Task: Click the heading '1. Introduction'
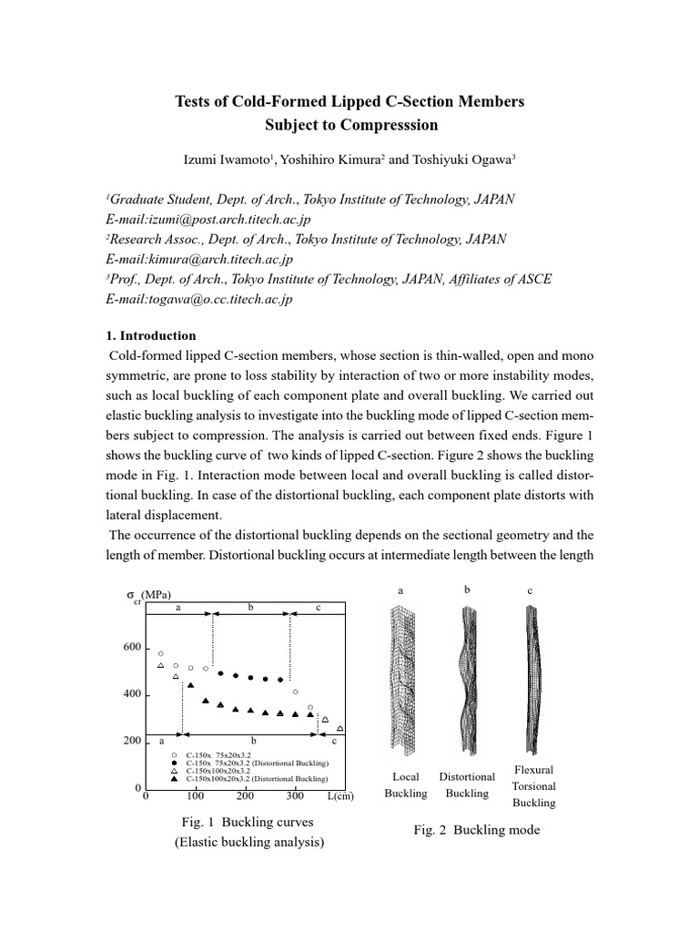coord(151,335)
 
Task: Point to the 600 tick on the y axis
coord(132,648)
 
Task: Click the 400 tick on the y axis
coord(132,695)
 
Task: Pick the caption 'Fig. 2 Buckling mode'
coord(476,830)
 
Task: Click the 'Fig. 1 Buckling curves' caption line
coord(248,822)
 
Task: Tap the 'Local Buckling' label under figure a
coord(405,785)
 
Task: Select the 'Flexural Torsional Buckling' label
coord(533,786)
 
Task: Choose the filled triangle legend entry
coord(174,780)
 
